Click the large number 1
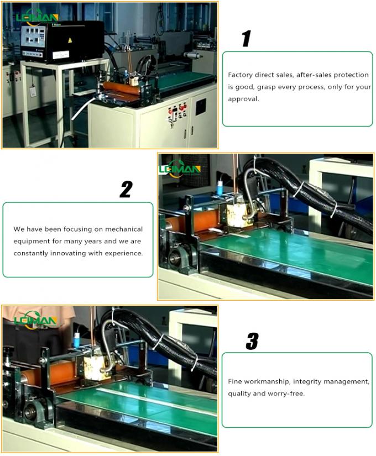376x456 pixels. click(246, 39)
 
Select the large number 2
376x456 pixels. click(126, 190)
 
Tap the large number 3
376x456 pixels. click(252, 342)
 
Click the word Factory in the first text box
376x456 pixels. click(240, 75)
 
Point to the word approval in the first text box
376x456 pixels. click(243, 99)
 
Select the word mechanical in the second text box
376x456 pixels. click(125, 229)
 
